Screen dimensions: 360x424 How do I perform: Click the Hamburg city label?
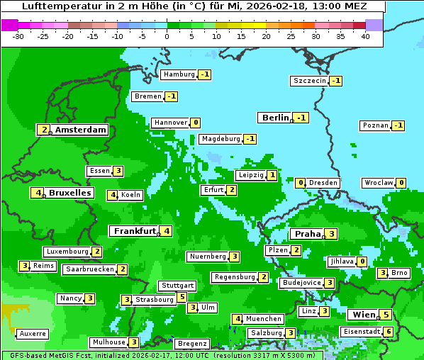pos(179,74)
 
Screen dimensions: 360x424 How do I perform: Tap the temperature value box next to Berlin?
pos(302,118)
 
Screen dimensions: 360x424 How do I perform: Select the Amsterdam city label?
pos(80,130)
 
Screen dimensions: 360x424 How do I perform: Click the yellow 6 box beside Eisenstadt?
pos(388,332)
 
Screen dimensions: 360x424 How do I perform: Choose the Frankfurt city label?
pos(134,231)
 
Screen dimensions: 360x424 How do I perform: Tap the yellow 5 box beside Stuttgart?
pos(182,297)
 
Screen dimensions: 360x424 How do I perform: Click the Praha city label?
pos(308,234)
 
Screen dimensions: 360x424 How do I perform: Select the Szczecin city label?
pos(310,81)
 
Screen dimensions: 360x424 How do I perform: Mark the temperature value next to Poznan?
pos(398,125)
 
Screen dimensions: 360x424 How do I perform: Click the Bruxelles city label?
pos(69,193)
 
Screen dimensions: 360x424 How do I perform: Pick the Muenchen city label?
pos(264,319)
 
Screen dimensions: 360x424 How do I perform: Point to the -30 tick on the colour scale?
pos(18,36)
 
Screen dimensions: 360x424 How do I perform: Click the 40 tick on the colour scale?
pos(365,36)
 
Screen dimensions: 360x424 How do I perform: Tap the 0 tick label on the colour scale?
pos(167,36)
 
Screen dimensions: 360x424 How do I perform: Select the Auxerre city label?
pos(33,333)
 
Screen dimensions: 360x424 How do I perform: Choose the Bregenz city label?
pos(192,344)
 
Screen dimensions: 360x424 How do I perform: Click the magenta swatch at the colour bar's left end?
pos(9,25)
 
